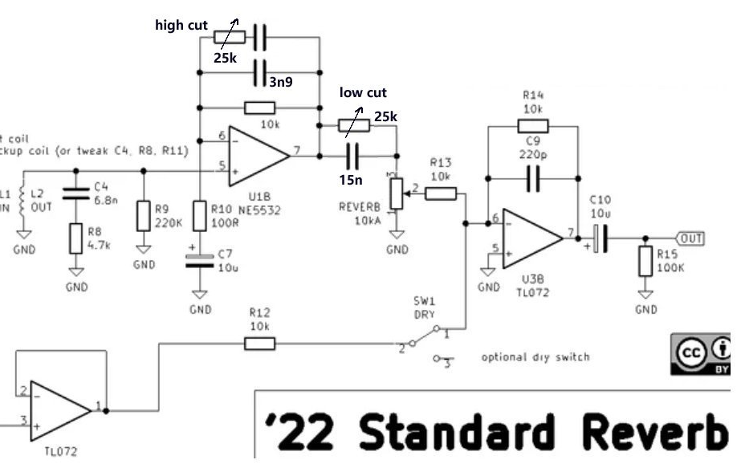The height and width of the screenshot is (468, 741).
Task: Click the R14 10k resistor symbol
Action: coord(532,125)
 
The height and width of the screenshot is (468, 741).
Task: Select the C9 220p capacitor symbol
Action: coord(532,180)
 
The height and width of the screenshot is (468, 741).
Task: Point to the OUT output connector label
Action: coord(690,238)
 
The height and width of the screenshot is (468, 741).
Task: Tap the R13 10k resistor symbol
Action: coord(441,193)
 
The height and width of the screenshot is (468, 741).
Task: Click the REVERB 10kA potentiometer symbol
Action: coord(396,192)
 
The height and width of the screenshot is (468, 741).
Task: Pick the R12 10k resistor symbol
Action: coord(259,344)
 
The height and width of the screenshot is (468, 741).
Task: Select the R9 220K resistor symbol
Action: coord(144,215)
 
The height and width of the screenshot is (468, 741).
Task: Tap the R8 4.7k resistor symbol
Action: coord(75,238)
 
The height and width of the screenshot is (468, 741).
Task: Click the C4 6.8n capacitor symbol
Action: coord(75,193)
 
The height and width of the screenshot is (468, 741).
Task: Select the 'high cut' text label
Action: coord(181,26)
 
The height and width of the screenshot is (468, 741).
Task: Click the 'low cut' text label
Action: coord(363,93)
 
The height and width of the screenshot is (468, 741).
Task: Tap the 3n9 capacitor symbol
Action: coord(259,72)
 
